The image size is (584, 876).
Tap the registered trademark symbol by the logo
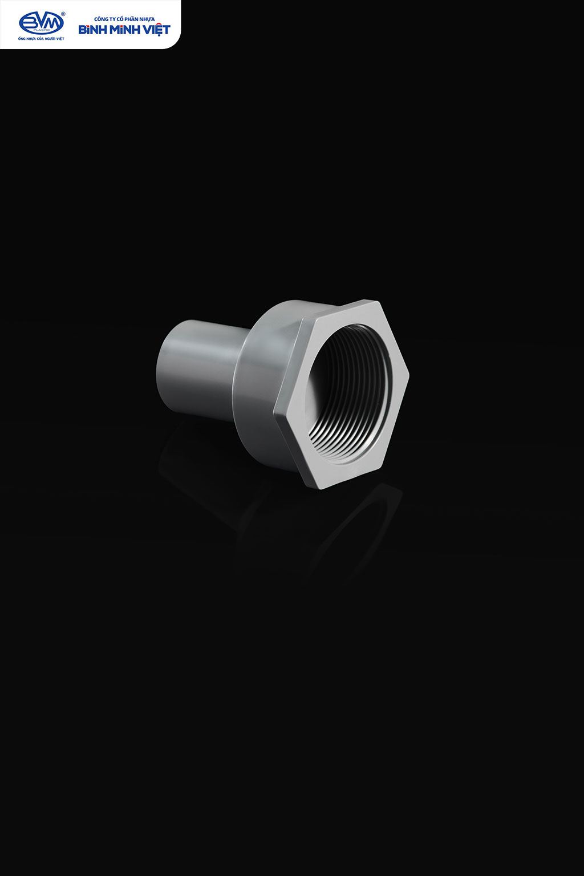[x=63, y=13]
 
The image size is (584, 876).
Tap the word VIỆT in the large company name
[x=156, y=30]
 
